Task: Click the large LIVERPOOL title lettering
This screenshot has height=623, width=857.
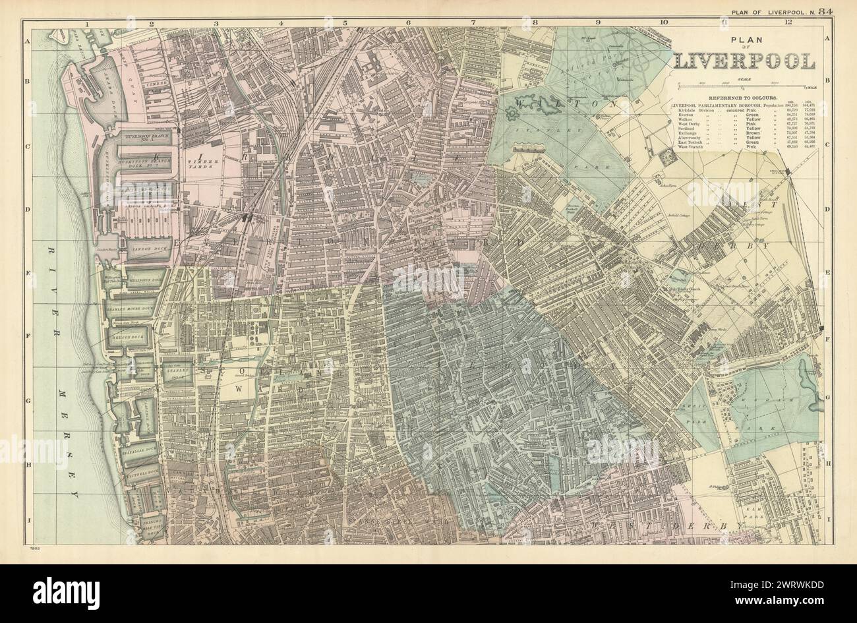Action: pos(744,61)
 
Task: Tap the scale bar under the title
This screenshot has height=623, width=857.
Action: pos(744,84)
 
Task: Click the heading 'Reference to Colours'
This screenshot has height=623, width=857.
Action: pos(744,97)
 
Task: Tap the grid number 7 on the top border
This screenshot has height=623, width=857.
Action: pos(472,22)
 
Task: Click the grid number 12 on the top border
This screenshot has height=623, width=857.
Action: pos(788,22)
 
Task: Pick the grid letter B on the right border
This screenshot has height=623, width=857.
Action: pos(827,83)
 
